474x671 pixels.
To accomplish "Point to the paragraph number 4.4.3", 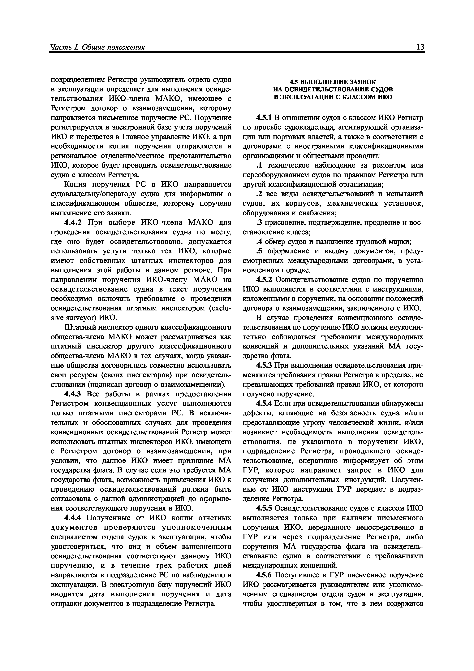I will (x=72, y=394).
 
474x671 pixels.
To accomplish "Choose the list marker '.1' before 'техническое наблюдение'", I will (x=258, y=165).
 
